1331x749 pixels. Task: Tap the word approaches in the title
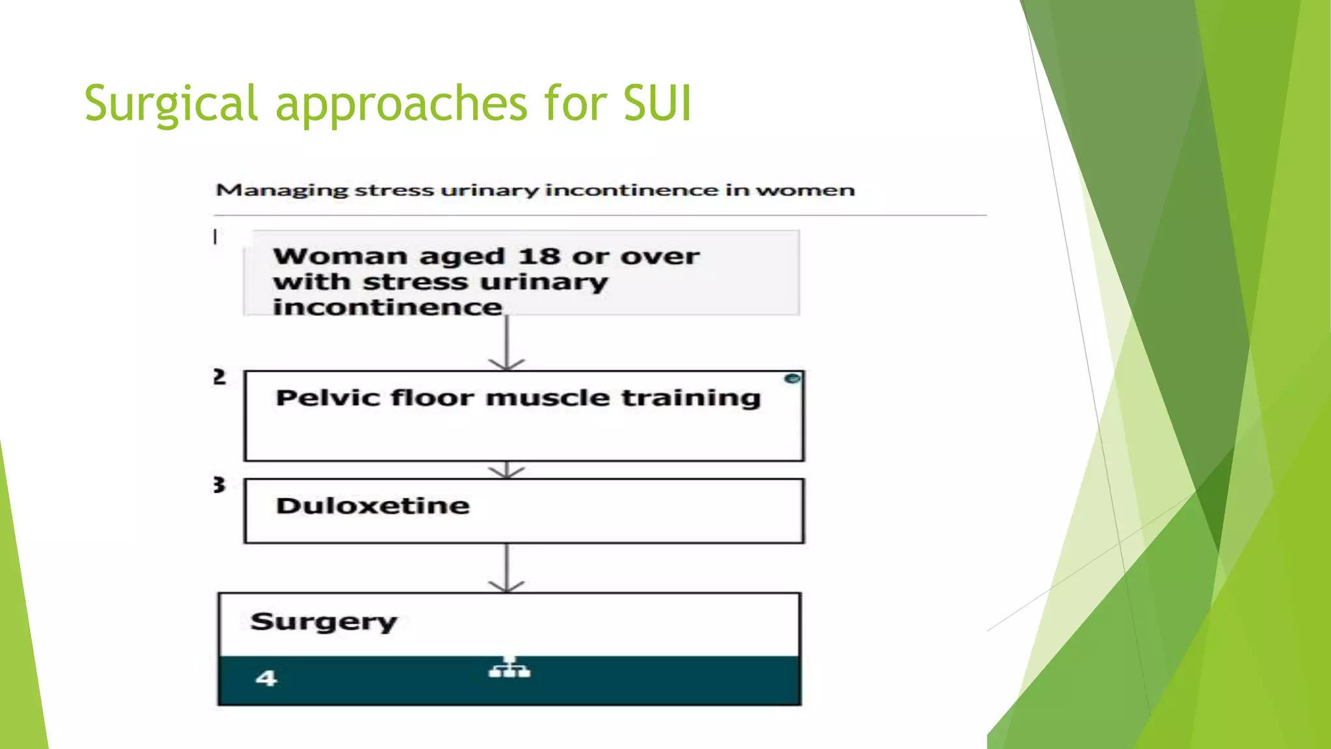tap(401, 104)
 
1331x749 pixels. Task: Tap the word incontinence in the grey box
tap(387, 307)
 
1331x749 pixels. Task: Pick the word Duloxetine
tap(372, 506)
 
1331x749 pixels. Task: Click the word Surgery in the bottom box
tap(323, 622)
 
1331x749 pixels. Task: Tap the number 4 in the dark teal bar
tap(266, 679)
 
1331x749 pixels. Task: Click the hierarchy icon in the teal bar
tap(509, 668)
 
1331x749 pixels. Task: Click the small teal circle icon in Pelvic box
tap(792, 378)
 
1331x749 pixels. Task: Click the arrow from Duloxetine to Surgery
tap(506, 568)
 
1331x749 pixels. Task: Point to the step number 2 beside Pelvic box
tap(220, 377)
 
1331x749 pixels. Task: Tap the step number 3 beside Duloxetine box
tap(219, 485)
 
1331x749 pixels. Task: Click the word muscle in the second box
tap(547, 397)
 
